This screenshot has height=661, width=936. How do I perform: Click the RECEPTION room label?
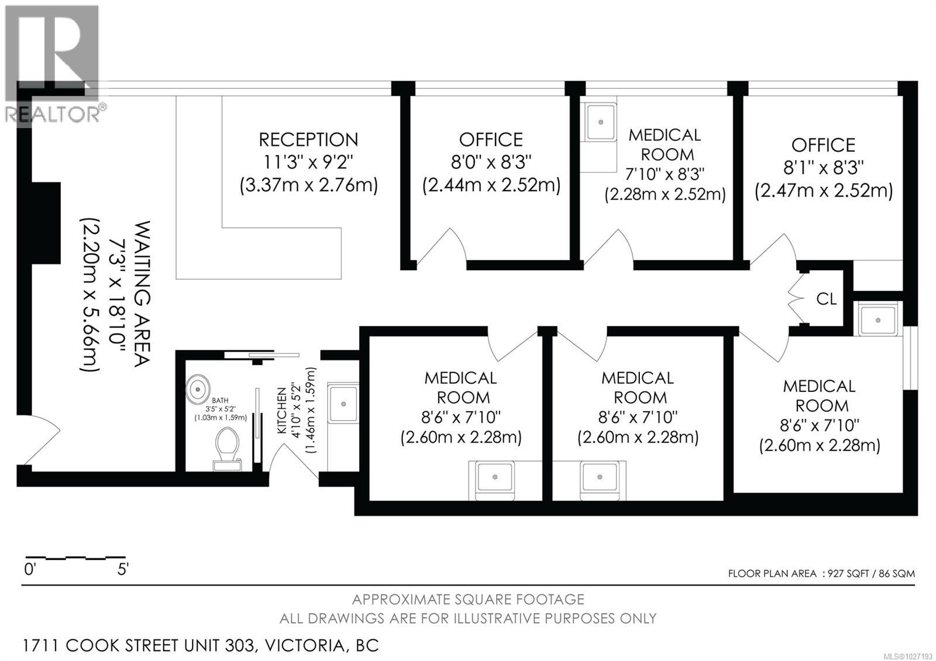[308, 140]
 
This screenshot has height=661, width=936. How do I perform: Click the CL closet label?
[826, 299]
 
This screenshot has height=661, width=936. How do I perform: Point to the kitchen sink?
[343, 403]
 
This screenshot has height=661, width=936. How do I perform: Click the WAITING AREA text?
[143, 294]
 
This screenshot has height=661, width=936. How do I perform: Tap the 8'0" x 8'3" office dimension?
[490, 162]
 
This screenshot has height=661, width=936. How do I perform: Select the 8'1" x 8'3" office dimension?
[823, 168]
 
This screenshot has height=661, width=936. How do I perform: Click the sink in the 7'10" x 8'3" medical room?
[600, 122]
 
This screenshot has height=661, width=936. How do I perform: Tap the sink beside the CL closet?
[877, 319]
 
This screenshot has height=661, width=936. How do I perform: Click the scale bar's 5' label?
[122, 569]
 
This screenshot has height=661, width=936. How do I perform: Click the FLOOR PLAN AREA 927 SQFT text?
[821, 573]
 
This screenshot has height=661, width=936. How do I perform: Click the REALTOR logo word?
[53, 114]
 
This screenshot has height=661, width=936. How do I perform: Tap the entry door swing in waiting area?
[41, 439]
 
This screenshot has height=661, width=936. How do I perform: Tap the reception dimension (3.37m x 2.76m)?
[308, 185]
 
